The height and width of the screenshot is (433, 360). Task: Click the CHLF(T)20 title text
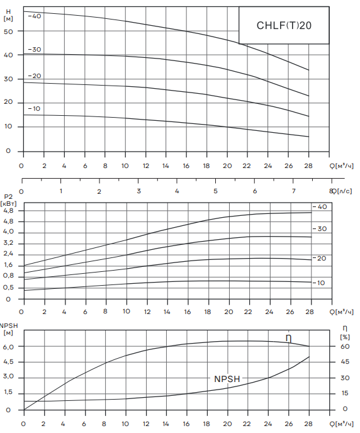[x=284, y=25]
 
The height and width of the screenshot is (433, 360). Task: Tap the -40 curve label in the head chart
[x=35, y=16]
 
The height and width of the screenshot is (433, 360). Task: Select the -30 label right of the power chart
[x=320, y=228]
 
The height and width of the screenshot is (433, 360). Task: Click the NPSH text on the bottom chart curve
[x=227, y=379]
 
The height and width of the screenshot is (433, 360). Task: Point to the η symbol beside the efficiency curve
[x=288, y=339]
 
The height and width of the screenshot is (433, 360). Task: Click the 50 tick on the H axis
[x=8, y=31]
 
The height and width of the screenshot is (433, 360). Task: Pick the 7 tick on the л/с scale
[x=293, y=191]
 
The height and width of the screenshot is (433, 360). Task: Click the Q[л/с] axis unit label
[x=342, y=191]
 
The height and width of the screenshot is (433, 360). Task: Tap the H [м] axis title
[x=8, y=15]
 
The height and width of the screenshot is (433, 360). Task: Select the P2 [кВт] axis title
[x=8, y=200]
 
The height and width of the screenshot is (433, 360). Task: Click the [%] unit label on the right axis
[x=345, y=337]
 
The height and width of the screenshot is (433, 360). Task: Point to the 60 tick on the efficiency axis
[x=345, y=346]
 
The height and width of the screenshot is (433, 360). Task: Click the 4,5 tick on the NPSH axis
[x=8, y=362]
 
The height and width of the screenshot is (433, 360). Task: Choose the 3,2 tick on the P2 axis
[x=8, y=244]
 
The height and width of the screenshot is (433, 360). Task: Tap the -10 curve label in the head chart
[x=35, y=108]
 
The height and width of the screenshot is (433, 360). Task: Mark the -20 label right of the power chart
[x=320, y=258]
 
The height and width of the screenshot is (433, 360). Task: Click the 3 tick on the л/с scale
[x=139, y=191]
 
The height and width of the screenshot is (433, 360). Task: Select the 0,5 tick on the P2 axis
[x=8, y=288]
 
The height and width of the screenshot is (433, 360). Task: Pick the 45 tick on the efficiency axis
[x=345, y=361]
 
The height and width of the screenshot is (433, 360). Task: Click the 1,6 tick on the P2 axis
[x=8, y=265]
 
